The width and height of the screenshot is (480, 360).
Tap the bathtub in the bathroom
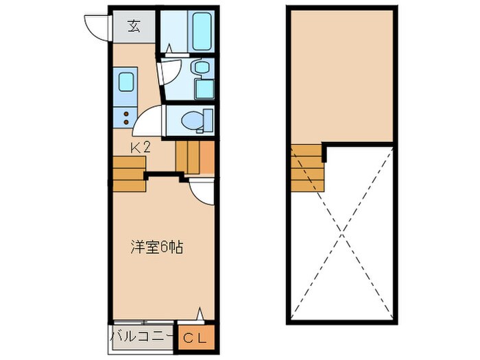click(x=202, y=31)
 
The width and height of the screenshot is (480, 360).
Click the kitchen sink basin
click(x=126, y=82)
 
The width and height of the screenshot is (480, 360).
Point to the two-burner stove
click(x=126, y=116)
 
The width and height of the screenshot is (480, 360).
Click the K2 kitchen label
click(x=141, y=146)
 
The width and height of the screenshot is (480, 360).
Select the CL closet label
click(x=197, y=337)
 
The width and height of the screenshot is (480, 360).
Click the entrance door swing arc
click(x=96, y=26)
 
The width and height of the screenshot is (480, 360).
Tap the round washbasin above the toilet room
click(x=201, y=67)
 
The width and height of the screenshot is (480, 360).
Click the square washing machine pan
click(x=204, y=89)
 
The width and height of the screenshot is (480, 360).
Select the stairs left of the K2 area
click(x=128, y=174)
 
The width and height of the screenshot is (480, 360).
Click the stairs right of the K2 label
click(x=195, y=158)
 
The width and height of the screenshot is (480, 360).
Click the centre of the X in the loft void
click(x=341, y=234)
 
